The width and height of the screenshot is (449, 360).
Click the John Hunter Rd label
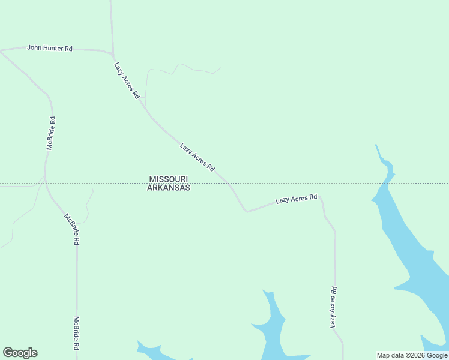coord(50,47)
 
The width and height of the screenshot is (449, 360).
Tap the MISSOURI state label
coord(169,179)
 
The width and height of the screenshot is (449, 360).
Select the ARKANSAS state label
coord(169,188)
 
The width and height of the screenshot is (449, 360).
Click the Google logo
coord(20,353)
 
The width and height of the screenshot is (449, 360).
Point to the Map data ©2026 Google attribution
coord(412,355)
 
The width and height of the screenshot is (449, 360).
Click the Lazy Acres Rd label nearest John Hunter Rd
coord(127,80)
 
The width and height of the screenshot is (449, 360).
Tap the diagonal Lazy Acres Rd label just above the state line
coord(197,157)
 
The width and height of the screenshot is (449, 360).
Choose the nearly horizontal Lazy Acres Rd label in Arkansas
coord(296,199)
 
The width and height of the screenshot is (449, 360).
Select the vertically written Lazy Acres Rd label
coord(333,307)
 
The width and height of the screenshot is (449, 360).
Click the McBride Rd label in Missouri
coord(52,133)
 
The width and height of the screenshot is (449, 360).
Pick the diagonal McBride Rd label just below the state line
coord(72,229)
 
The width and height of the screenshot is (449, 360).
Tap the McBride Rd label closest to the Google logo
coord(77,333)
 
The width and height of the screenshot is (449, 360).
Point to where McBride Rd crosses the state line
coord(45,183)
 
